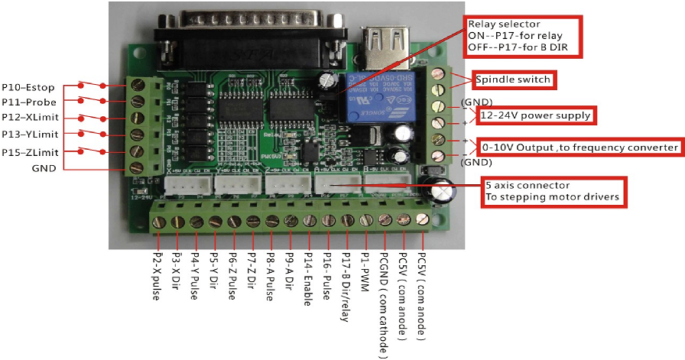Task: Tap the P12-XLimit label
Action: click(x=31, y=118)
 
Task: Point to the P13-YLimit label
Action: click(x=31, y=135)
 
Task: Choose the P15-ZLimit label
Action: click(x=31, y=151)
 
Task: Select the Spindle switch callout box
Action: click(x=512, y=79)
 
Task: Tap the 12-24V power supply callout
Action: click(x=536, y=115)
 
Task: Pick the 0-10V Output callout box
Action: click(x=579, y=147)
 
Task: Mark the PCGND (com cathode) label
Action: click(x=383, y=304)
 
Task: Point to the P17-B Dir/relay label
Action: click(x=346, y=287)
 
